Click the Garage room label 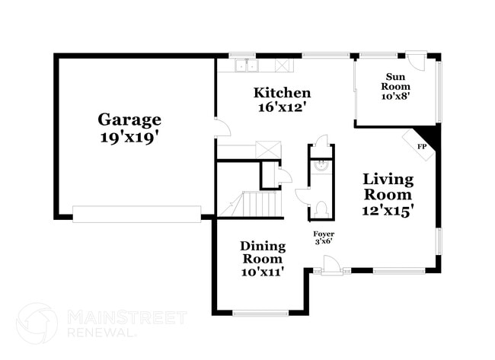129,119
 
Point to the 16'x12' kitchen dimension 282,107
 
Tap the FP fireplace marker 421,145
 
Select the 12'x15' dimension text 388,210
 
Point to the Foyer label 324,234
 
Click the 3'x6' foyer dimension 324,242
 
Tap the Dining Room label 263,252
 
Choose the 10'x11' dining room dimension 263,271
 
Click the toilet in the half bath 321,208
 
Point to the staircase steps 257,203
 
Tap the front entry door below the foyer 330,266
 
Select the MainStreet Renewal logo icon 37,322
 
